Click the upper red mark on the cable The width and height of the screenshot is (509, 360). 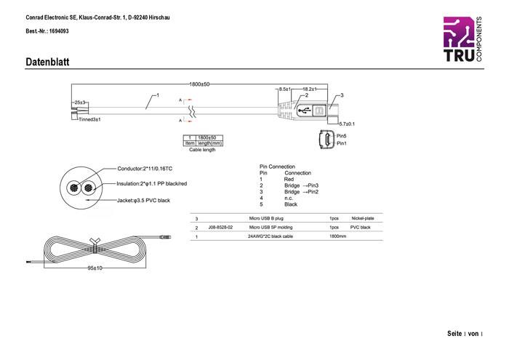tap(188, 99)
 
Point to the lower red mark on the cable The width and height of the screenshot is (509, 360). tap(188, 121)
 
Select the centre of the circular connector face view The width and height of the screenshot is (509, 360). tap(81, 187)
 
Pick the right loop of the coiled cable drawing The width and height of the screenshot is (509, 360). tap(124, 249)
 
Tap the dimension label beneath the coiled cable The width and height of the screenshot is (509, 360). tap(95, 268)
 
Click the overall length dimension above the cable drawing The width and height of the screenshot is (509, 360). tap(199, 84)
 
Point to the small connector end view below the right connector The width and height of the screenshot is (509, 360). tap(327, 139)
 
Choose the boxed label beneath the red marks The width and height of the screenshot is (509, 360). tap(203, 140)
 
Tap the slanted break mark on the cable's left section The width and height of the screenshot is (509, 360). tap(151, 102)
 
